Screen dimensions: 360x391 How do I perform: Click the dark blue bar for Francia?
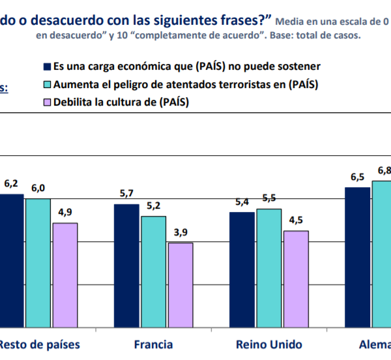click(x=126, y=265)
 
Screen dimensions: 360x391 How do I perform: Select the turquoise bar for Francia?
click(x=153, y=271)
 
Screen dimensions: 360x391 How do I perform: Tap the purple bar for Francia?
click(x=180, y=285)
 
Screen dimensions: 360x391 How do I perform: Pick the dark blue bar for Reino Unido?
click(x=242, y=269)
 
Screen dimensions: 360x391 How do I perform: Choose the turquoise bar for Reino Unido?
click(x=268, y=268)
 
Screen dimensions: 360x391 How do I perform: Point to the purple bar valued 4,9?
click(x=65, y=275)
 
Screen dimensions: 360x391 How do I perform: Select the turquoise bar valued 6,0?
click(x=38, y=263)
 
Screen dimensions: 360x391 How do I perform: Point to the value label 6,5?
click(x=357, y=177)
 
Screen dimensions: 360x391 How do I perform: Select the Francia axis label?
click(x=153, y=344)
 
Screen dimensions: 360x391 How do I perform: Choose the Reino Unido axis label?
click(x=268, y=344)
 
